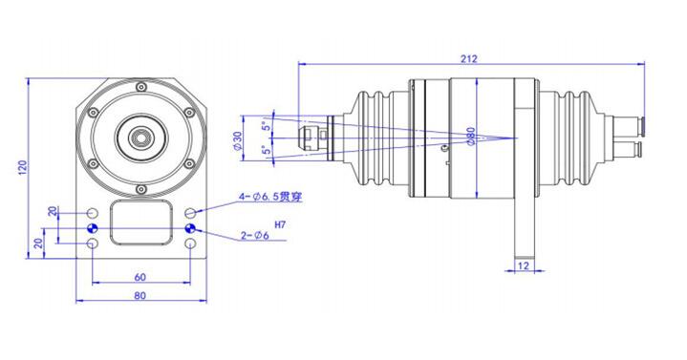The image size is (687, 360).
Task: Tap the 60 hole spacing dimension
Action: [x=140, y=276]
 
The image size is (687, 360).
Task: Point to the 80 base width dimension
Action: [x=140, y=296]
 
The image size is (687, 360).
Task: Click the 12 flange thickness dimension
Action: [x=523, y=264]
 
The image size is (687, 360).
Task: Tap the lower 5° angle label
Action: [x=268, y=151]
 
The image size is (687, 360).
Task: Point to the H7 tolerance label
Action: [x=280, y=224]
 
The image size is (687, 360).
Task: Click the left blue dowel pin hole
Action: [x=92, y=229]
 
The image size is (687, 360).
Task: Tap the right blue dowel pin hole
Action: [x=191, y=229]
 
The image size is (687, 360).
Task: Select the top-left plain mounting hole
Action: [x=92, y=212]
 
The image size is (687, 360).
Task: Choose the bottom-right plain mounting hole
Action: [x=191, y=245]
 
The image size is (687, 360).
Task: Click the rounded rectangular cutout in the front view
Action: [x=141, y=222]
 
